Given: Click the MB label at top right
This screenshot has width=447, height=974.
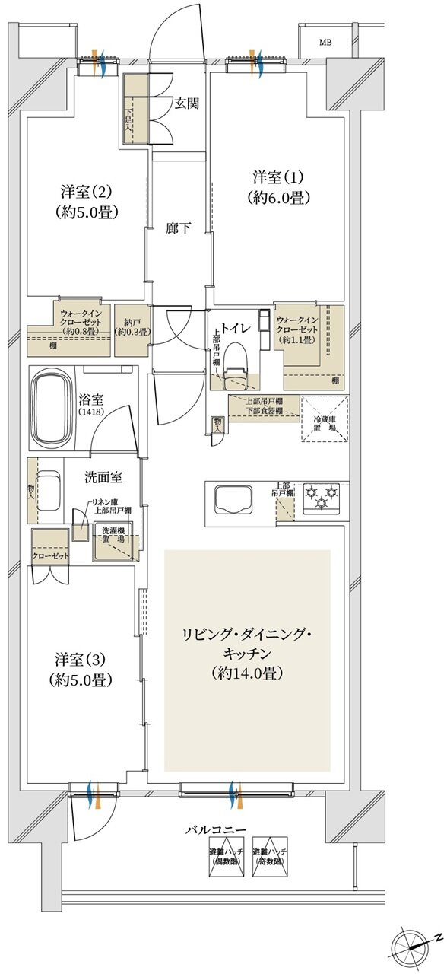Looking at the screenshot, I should (325, 43).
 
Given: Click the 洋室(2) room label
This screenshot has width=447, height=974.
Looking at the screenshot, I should (87, 201).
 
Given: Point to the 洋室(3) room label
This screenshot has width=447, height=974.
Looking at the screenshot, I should (84, 668).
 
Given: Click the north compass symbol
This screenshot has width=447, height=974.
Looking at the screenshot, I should (414, 944).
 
